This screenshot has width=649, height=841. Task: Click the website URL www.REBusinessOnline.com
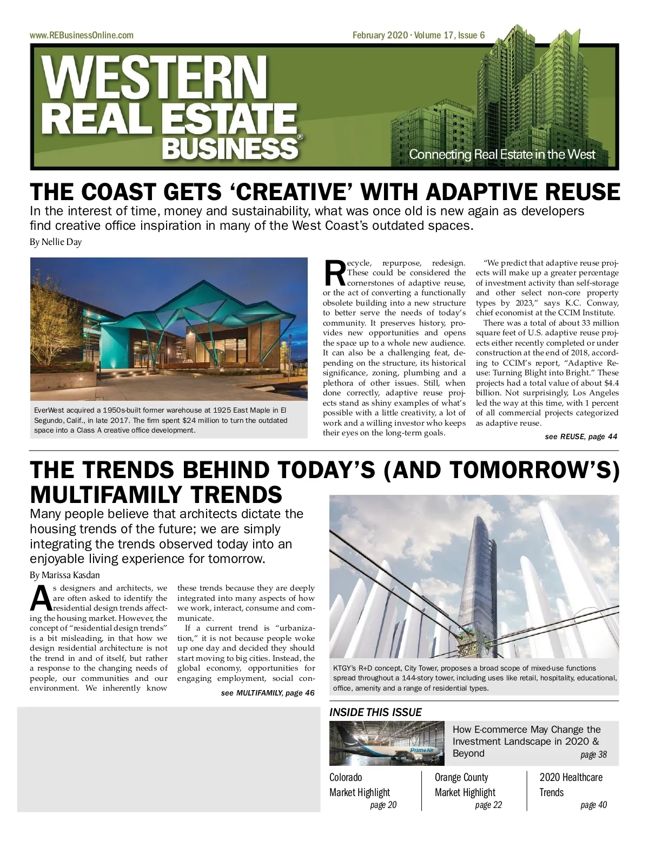point(82,36)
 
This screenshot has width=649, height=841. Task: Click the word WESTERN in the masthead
point(155,78)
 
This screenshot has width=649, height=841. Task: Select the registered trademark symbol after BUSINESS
point(300,138)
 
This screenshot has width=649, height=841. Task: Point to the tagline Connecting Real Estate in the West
point(501,154)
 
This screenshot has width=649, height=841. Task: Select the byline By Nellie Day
point(56,242)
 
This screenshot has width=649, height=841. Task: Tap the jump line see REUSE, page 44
point(581,436)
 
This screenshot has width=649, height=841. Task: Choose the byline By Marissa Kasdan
point(65,574)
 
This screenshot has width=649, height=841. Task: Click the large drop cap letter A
point(41,598)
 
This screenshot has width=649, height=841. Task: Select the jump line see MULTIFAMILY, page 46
point(267,693)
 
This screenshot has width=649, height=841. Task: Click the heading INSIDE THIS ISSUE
point(375,712)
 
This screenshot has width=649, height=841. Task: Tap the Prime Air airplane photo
point(387,744)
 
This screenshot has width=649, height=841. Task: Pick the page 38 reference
point(593,754)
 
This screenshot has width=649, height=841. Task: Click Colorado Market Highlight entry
point(360,785)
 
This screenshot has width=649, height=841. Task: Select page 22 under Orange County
point(488,805)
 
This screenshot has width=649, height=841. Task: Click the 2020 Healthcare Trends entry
point(571,785)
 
